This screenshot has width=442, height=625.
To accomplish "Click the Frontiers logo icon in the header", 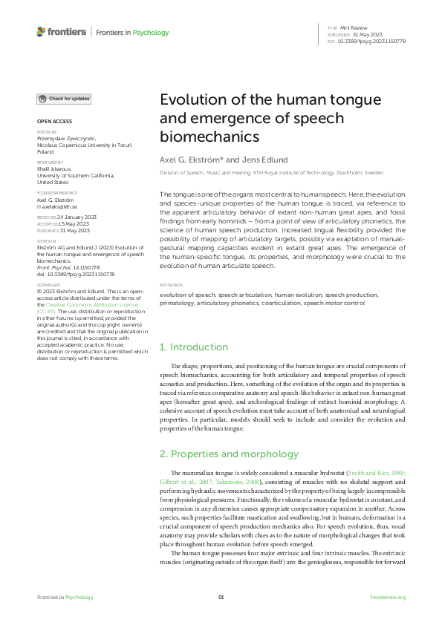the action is tap(41, 32).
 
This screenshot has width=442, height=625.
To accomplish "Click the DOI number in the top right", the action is tap(374, 41).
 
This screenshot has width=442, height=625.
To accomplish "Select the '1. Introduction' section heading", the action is tap(194, 347).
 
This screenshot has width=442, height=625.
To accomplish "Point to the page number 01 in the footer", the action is tap(221, 598).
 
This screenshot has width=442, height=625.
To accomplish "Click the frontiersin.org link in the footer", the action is tap(388, 598).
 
